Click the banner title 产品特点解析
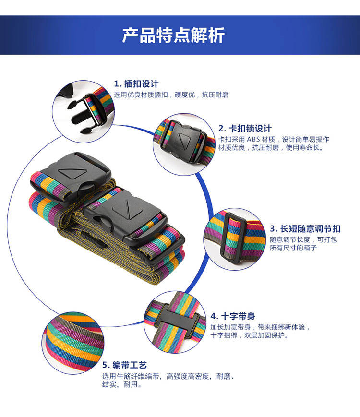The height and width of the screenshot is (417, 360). (173, 35)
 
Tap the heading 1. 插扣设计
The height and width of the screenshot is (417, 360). (136, 84)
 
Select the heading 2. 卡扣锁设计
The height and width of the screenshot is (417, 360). (245, 129)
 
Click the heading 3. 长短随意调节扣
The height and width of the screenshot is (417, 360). (305, 229)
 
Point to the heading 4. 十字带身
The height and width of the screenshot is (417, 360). (233, 316)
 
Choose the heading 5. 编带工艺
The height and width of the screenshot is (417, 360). (124, 365)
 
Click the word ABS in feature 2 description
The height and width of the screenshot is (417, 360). (253, 139)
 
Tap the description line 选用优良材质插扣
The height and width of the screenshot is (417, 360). (141, 95)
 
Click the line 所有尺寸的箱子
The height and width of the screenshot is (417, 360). (293, 248)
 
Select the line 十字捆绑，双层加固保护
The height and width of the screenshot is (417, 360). (250, 335)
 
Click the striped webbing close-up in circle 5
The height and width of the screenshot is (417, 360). (73, 343)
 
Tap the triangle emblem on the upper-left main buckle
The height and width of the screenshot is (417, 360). (72, 173)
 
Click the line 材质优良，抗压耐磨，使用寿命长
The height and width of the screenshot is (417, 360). (271, 148)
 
